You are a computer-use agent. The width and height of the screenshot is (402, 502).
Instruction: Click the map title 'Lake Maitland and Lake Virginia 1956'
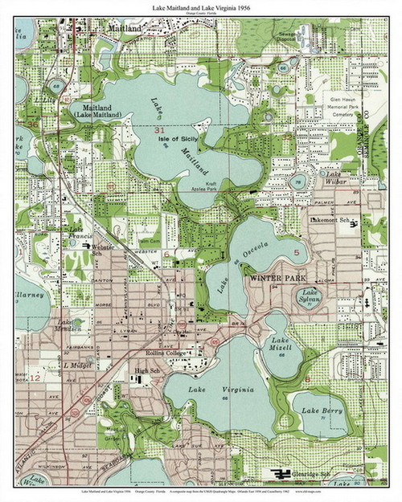[201, 7]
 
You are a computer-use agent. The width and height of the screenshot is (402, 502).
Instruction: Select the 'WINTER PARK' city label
[273, 278]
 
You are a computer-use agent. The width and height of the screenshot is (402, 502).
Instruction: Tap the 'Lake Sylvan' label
[310, 297]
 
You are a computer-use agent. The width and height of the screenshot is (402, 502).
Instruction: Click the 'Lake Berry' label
[319, 410]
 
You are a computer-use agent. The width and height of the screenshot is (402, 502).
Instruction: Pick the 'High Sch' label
[148, 370]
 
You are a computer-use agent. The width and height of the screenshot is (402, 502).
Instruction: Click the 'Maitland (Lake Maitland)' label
[96, 111]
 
